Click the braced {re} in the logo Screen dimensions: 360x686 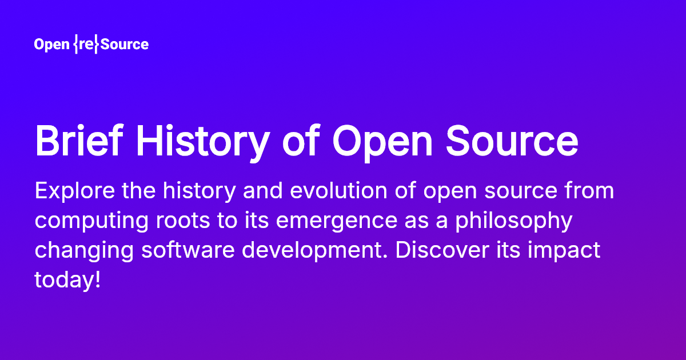tap(86, 45)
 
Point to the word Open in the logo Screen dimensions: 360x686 tap(51, 45)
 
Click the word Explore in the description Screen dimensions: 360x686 tap(68, 191)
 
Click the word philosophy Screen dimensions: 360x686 tap(512, 221)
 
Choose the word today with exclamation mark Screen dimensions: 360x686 tap(67, 280)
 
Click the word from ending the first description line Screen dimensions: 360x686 tap(591, 191)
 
